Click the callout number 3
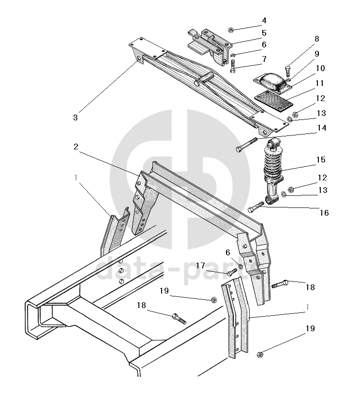pos(75,117)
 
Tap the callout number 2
pos(76,146)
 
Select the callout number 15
pos(321,159)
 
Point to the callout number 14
pos(321,128)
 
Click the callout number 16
pos(324,212)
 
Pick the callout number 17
pos(200,265)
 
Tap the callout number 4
pos(264,21)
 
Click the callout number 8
pos(317,38)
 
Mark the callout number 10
pos(320,68)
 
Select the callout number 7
pos(264,59)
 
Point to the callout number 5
pos(264,33)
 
